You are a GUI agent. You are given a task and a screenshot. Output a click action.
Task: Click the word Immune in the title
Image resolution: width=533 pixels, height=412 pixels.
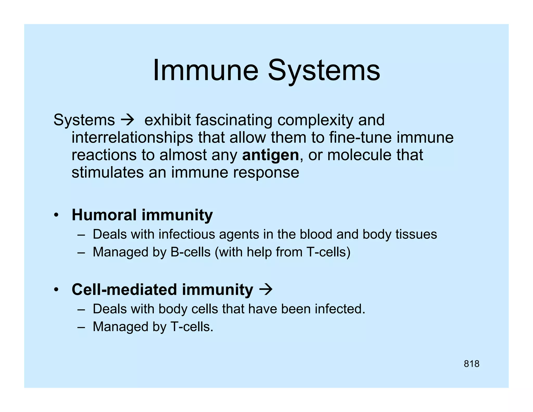205,70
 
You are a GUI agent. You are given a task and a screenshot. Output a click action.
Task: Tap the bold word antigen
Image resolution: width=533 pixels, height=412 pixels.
270,155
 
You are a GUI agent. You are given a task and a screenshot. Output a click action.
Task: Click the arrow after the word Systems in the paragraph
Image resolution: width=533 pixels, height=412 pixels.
128,120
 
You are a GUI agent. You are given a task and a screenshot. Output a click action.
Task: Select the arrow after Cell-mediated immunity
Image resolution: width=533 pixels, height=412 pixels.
266,289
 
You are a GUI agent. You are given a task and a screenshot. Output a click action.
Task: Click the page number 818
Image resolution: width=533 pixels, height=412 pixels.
471,364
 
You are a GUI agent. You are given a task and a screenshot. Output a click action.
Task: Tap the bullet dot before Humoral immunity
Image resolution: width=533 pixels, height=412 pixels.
56,216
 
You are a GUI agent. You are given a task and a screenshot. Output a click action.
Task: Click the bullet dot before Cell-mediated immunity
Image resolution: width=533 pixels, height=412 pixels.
56,290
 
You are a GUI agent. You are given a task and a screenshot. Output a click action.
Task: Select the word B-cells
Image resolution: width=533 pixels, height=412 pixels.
191,252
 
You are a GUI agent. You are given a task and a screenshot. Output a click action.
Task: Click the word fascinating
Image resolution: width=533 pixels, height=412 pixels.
234,120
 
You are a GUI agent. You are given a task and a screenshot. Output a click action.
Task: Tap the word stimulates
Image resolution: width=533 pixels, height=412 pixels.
107,172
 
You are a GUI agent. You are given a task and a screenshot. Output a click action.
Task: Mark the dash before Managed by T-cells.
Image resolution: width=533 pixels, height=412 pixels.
81,327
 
